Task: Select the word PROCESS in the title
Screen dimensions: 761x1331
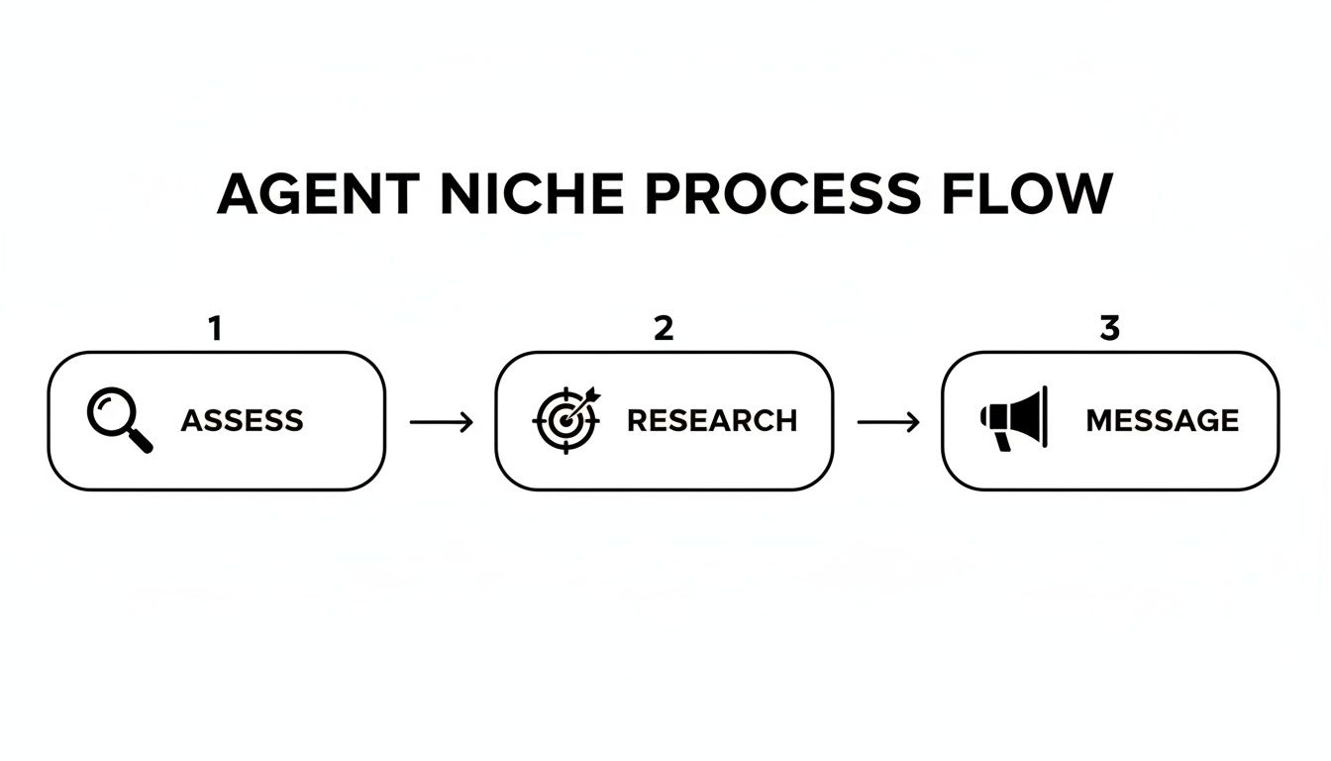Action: [x=781, y=194]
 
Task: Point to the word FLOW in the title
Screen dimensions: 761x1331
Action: [x=1027, y=194]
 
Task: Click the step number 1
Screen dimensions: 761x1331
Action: [x=215, y=329]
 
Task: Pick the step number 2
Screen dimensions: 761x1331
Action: [x=664, y=329]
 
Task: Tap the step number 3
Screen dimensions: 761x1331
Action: [x=1109, y=329]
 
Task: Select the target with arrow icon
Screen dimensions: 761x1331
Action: [x=566, y=419]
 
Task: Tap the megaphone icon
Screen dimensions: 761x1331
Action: [x=1013, y=418]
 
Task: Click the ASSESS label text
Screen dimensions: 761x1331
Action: [x=242, y=420]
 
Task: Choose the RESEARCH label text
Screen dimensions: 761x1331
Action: [x=712, y=420]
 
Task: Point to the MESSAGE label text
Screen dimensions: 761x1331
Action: [x=1162, y=420]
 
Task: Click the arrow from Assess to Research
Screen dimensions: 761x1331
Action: [x=441, y=422]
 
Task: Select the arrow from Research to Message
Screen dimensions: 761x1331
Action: [x=887, y=422]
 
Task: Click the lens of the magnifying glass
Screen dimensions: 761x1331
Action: [x=108, y=409]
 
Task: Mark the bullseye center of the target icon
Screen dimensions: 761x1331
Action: [x=563, y=422]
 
